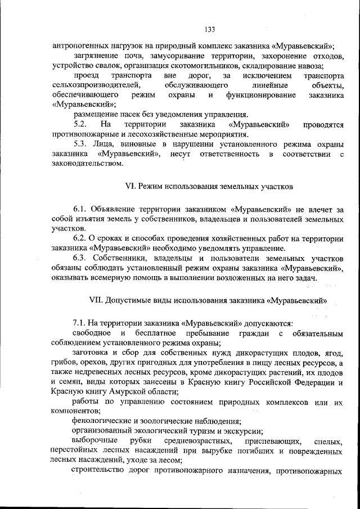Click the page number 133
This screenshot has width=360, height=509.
(210, 29)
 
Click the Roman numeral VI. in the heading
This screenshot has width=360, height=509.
(129, 186)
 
